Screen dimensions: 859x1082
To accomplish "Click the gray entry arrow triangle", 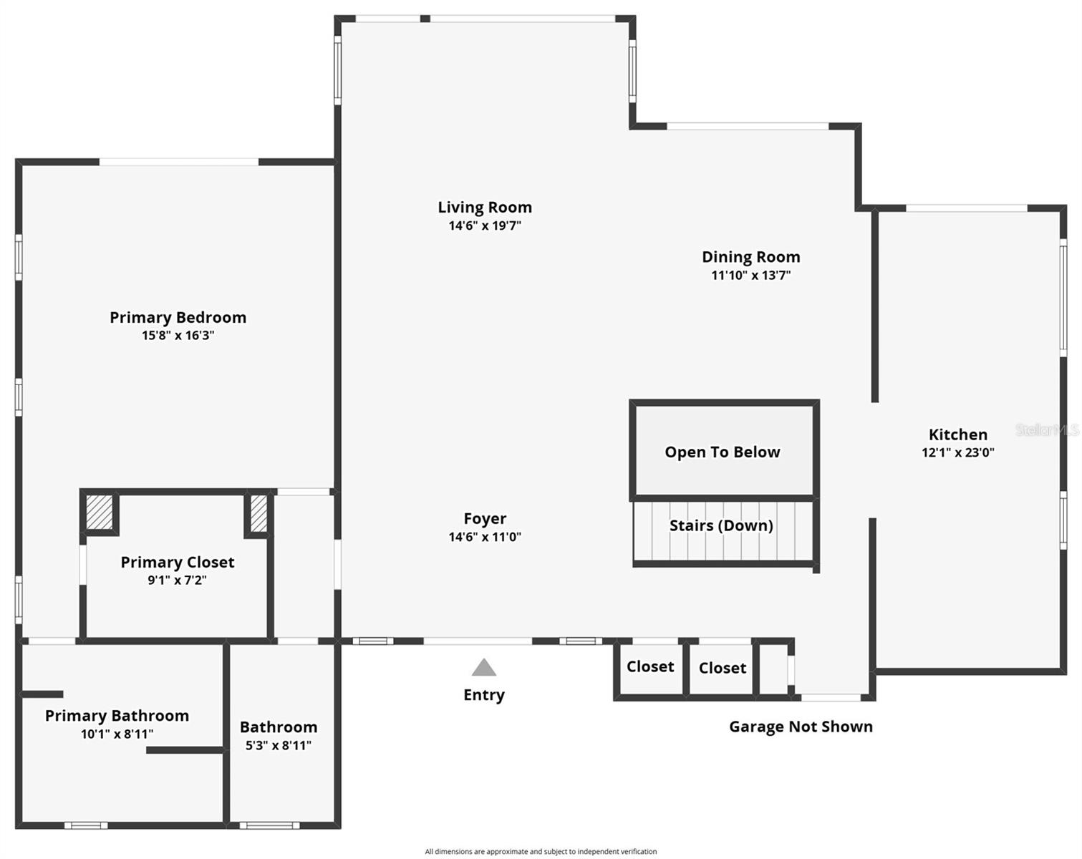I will coord(484,668).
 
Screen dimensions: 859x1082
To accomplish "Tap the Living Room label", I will coord(485,208).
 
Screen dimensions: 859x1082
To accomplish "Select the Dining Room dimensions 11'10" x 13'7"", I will coord(750,276).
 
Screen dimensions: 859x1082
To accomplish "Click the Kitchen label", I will coord(957,435).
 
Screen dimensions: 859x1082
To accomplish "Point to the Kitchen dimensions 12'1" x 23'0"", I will coord(957,452).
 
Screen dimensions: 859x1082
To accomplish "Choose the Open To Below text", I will coord(722,452).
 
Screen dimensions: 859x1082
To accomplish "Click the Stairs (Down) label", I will coord(721,525).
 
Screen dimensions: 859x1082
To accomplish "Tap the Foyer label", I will coord(485,518).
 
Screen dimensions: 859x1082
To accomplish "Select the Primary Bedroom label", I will coord(178,317).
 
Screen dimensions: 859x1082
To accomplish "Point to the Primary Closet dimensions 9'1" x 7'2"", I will coord(177,581).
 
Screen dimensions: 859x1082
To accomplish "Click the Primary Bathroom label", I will coord(117,716).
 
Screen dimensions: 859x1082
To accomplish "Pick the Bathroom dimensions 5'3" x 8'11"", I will coord(279,745).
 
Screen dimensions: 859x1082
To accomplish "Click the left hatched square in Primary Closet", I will coord(100,512).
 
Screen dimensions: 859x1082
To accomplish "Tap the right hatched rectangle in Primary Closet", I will coord(259,513).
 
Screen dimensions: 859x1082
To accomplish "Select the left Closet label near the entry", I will coord(650,666).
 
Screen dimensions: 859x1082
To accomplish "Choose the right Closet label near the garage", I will coord(722,668).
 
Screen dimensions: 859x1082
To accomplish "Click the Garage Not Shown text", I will coord(801,727).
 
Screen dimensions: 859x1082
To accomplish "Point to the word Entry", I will coord(484,695).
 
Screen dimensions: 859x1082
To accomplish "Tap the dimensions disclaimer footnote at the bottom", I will coord(541,852).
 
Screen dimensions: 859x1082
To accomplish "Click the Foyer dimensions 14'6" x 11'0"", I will coord(485,537).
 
